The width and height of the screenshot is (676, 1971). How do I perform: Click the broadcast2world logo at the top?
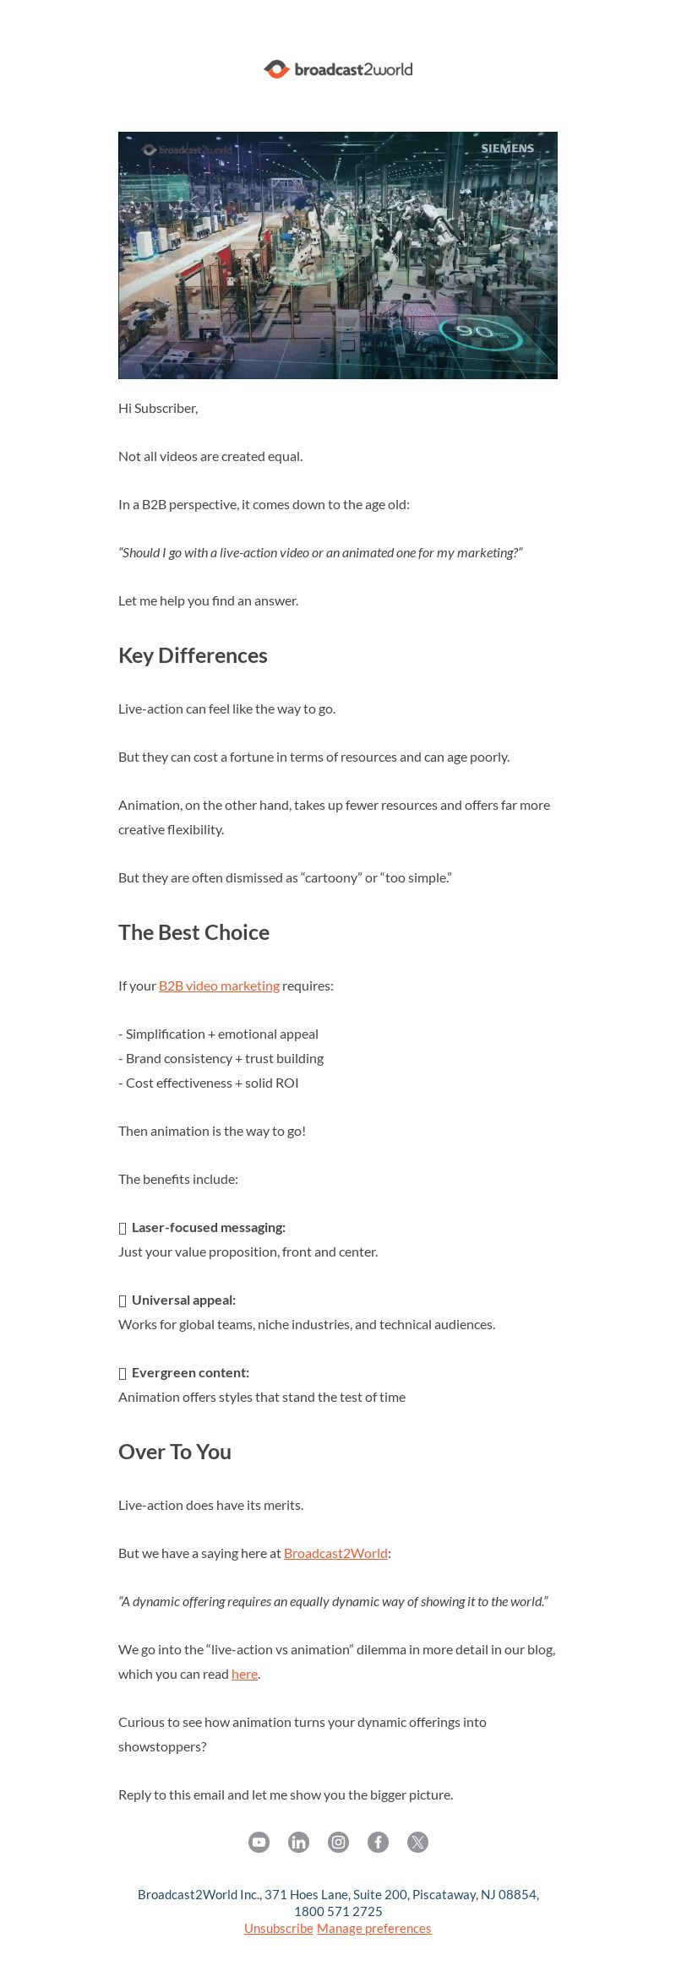click(338, 69)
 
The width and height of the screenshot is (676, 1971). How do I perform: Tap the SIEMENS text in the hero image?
click(507, 148)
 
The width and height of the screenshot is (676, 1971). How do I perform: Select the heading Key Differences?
click(193, 655)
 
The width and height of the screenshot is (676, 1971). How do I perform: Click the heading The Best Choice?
click(194, 932)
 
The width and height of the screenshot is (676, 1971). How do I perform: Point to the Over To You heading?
click(175, 1452)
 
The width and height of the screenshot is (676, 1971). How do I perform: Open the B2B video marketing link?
click(219, 985)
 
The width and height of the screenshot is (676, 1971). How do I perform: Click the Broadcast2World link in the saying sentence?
click(335, 1553)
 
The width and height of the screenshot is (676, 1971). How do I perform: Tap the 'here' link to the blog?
click(244, 1674)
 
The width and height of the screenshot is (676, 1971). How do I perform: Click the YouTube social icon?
click(259, 1842)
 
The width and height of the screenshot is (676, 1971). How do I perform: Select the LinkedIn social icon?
click(298, 1842)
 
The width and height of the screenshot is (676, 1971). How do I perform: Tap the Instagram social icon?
click(338, 1842)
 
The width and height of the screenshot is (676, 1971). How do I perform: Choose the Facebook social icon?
click(378, 1842)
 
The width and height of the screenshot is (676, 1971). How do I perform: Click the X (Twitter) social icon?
click(417, 1842)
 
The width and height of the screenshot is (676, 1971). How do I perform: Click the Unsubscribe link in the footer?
click(278, 1928)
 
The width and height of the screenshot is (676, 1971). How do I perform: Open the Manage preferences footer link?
click(373, 1928)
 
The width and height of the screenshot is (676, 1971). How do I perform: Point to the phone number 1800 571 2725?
click(338, 1911)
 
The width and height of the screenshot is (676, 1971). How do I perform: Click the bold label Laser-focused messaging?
click(208, 1227)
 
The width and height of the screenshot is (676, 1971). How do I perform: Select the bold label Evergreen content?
click(190, 1372)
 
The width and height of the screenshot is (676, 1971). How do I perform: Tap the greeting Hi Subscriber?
click(158, 408)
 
